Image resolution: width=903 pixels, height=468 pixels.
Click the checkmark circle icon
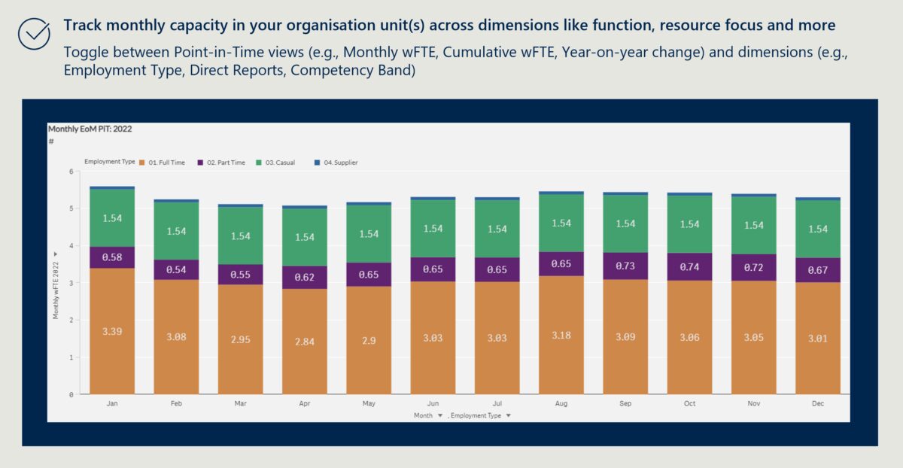pyautogui.click(x=34, y=34)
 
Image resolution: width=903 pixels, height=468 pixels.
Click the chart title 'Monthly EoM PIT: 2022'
pyautogui.click(x=90, y=129)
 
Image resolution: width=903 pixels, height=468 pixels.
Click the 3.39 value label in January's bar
pyautogui.click(x=112, y=330)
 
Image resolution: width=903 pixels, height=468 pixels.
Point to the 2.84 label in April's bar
pyautogui.click(x=305, y=341)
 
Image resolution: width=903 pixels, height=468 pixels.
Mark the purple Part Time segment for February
pyautogui.click(x=176, y=270)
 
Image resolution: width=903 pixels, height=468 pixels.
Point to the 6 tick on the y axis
pyautogui.click(x=70, y=172)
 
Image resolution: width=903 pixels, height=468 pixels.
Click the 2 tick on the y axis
pyautogui.click(x=70, y=320)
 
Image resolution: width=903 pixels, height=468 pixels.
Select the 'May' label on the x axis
pyautogui.click(x=369, y=404)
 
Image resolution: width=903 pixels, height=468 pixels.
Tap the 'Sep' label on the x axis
pyautogui.click(x=625, y=404)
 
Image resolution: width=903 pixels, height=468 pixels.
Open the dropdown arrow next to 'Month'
pyautogui.click(x=440, y=415)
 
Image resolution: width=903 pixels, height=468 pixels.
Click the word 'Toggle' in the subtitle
pyautogui.click(x=87, y=53)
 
